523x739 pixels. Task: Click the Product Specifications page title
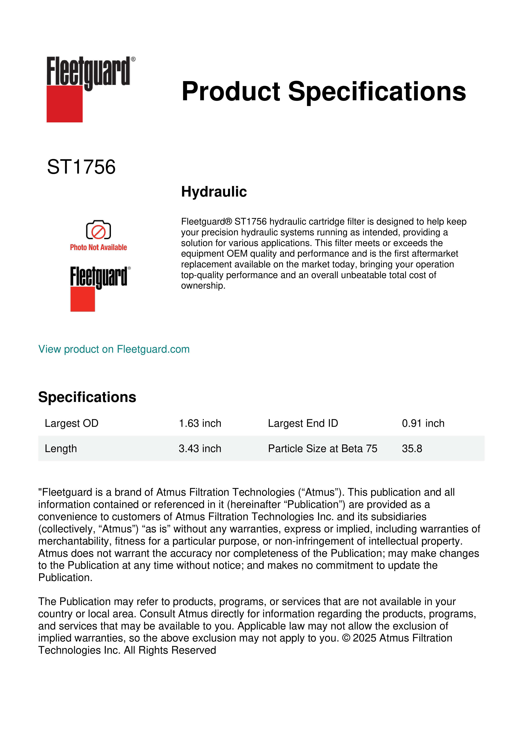[x=323, y=91]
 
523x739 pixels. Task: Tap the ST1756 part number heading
[x=81, y=167]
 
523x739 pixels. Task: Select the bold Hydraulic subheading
[x=214, y=192]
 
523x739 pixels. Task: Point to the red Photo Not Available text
[x=98, y=247]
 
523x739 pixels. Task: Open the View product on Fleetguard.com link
[x=114, y=349]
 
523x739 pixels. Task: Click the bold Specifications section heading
[x=87, y=397]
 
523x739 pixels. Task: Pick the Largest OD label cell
[x=71, y=423]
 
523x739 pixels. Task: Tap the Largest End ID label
[x=303, y=423]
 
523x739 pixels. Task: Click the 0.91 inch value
[x=423, y=423]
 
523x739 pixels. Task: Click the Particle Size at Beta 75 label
[x=322, y=448]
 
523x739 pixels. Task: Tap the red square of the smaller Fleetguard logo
[x=82, y=299]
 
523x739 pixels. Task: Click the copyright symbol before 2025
[x=346, y=638]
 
